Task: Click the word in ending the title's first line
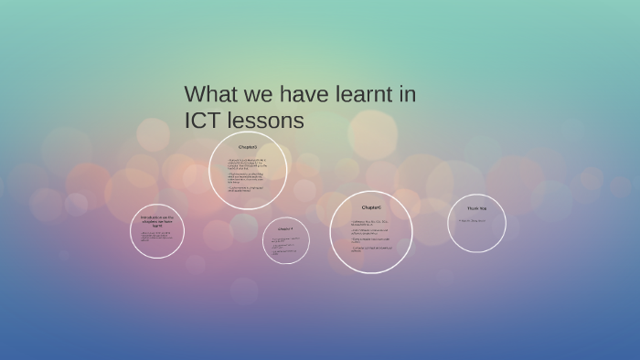point(409,94)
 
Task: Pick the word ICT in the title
point(203,121)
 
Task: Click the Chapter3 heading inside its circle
point(248,146)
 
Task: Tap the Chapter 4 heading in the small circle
point(286,228)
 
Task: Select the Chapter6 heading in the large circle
point(370,207)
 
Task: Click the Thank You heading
point(477,207)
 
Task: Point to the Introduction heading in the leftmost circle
point(157,220)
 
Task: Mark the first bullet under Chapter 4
point(285,238)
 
